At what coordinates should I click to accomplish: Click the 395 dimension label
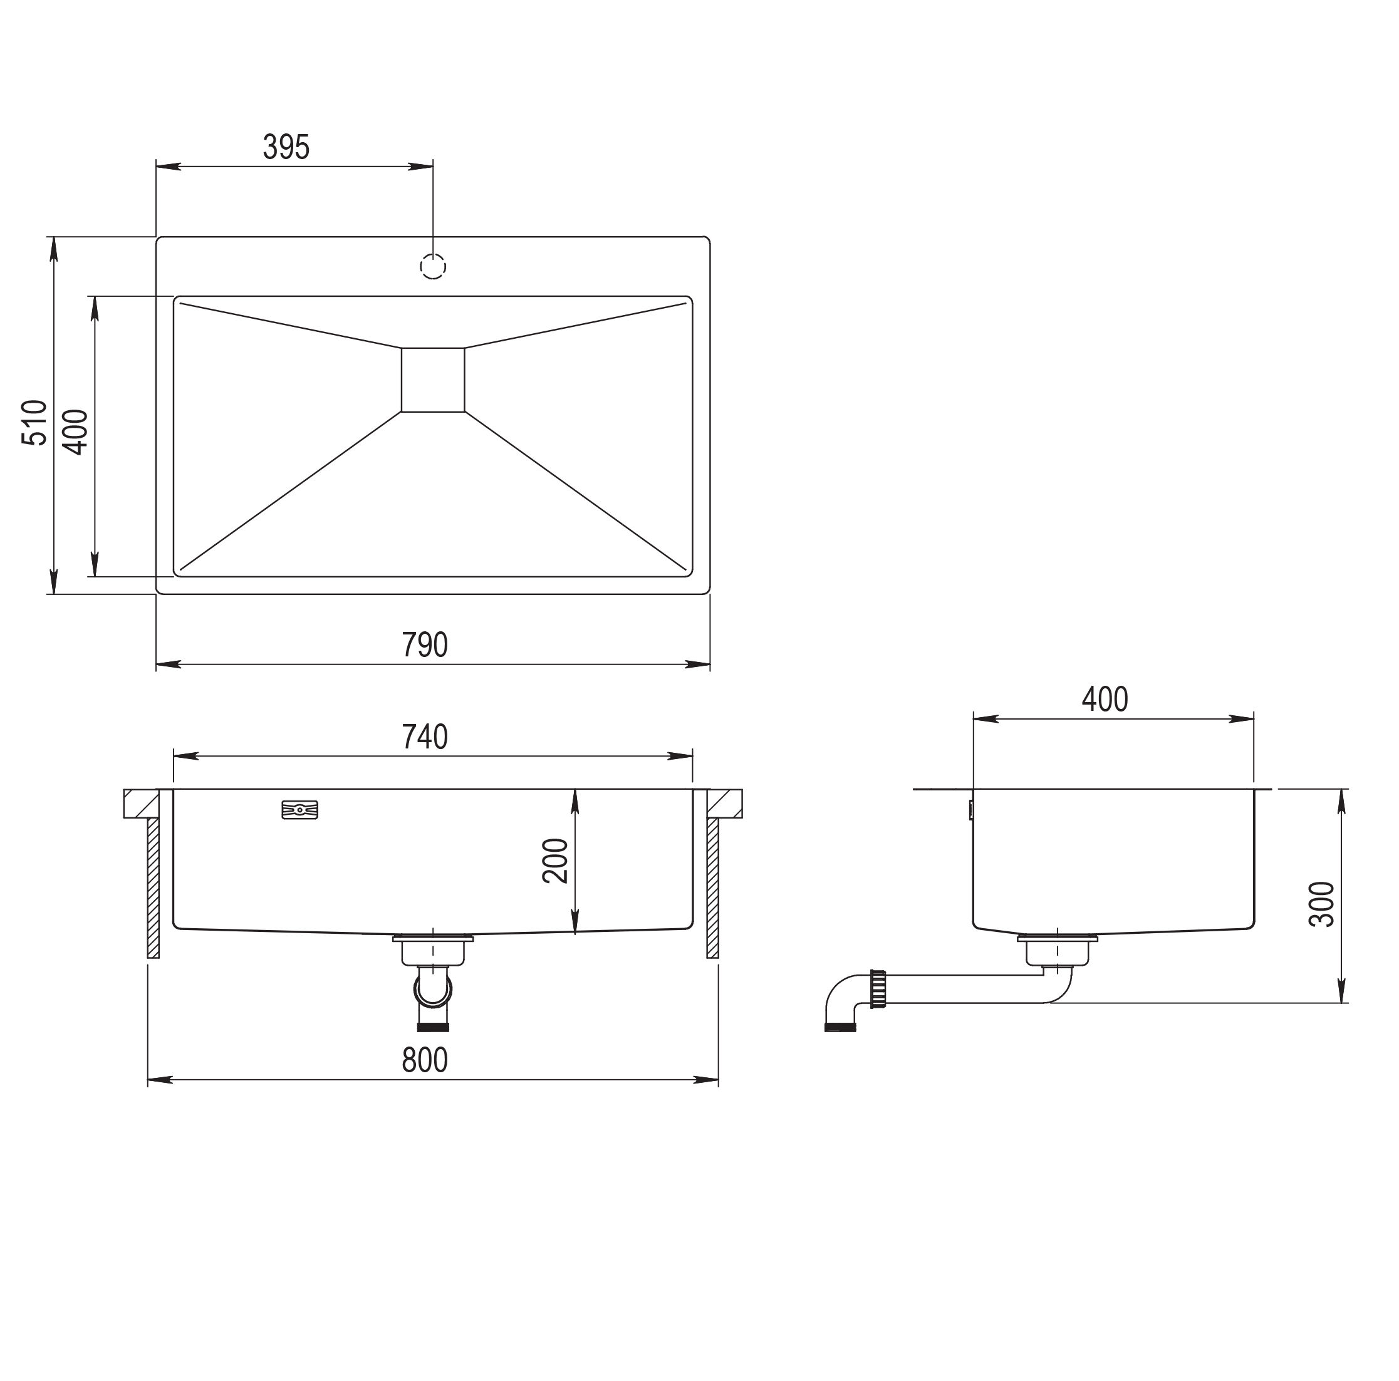(286, 147)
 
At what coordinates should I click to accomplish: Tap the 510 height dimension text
(34, 423)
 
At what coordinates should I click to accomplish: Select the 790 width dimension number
(425, 645)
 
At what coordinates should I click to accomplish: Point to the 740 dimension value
(425, 737)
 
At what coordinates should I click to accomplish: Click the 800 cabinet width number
(425, 1060)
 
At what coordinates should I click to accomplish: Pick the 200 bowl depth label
(555, 861)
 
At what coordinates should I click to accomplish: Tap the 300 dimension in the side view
(1321, 904)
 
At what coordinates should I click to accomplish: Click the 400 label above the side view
(1105, 699)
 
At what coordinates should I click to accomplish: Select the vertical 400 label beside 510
(75, 432)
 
